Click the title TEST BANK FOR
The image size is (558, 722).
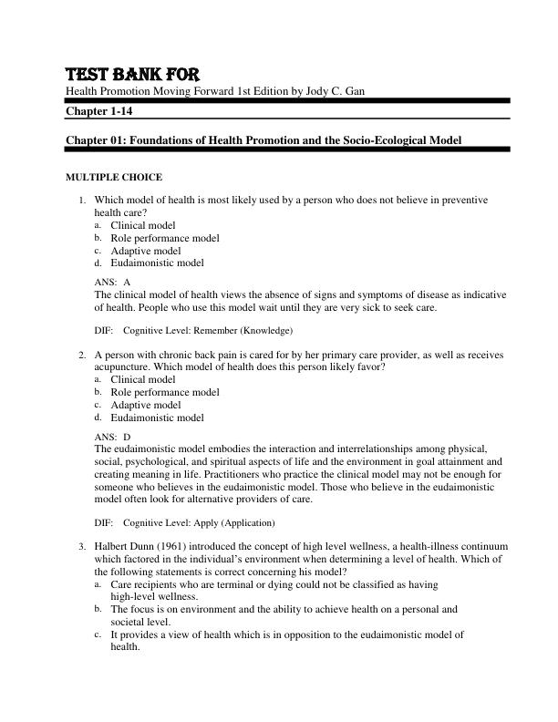(x=131, y=74)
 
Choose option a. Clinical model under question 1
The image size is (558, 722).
(x=142, y=224)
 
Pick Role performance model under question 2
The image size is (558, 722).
(x=164, y=392)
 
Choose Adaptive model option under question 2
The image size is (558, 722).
(x=146, y=405)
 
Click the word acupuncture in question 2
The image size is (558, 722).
(x=125, y=366)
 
